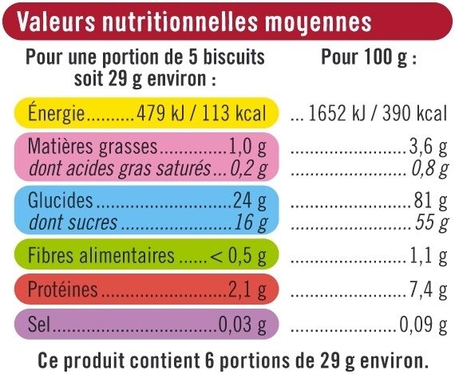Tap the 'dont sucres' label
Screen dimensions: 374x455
73,222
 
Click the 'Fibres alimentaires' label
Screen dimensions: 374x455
100,256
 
